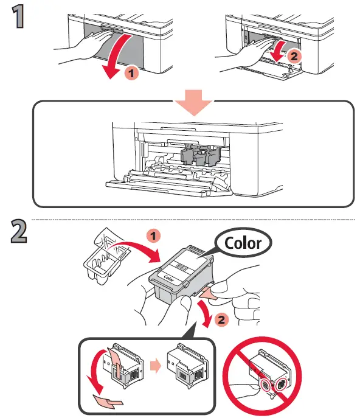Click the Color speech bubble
(x=242, y=243)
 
